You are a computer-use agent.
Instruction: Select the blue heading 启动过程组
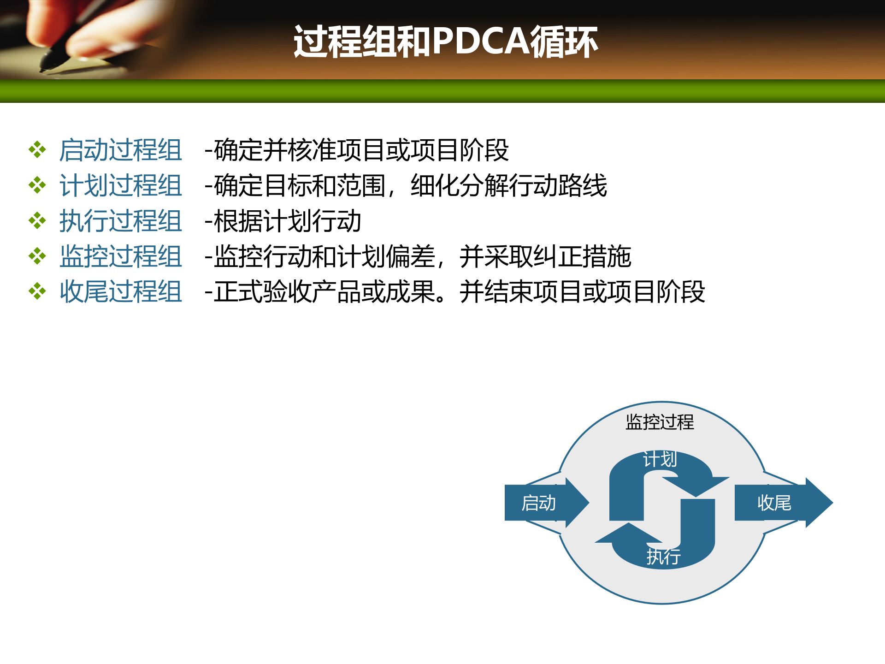121,150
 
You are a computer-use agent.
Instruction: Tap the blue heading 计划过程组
121,186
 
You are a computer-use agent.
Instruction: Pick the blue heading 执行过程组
121,221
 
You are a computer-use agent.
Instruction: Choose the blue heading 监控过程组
121,257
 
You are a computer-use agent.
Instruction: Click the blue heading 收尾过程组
121,292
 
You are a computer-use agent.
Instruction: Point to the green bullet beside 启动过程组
37,150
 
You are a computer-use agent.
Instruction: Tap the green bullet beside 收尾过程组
37,291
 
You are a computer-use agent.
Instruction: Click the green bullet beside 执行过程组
37,221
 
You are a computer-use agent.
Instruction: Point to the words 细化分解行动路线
509,186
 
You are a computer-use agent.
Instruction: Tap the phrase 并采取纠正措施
545,257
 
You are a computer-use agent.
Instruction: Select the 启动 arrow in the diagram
544,503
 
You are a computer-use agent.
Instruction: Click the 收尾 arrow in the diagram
779,503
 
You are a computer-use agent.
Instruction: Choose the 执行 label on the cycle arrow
663,557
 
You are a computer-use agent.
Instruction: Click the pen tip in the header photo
44,70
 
